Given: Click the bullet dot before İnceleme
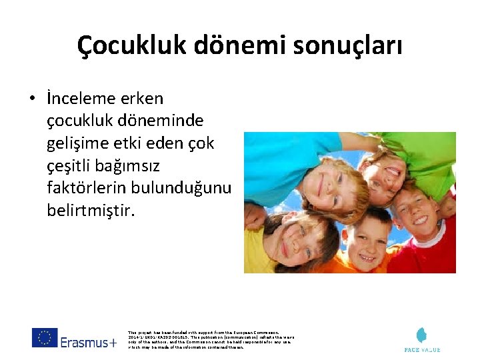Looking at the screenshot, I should [x=31, y=99].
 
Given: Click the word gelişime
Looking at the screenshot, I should [x=75, y=143].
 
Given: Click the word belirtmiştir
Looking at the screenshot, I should [x=91, y=211].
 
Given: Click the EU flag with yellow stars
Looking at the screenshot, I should [x=45, y=338].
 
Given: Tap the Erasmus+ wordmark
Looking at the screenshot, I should [x=88, y=342].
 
